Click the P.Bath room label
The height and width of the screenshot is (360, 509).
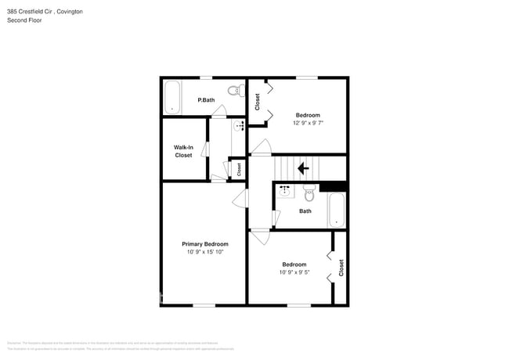207,100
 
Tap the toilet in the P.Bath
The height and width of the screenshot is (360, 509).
233,92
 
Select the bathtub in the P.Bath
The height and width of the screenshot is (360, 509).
172,99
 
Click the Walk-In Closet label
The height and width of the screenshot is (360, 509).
183,151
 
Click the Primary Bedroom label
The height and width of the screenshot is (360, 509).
205,244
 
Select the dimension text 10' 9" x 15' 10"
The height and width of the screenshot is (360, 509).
205,252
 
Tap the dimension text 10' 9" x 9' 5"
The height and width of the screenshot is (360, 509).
294,272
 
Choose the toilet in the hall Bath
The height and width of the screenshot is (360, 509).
309,193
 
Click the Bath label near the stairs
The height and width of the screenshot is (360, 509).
305,211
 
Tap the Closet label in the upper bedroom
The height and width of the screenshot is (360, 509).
257,102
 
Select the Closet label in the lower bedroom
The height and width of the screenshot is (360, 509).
341,268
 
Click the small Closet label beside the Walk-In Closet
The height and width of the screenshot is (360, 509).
239,168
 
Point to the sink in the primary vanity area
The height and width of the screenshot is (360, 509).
239,125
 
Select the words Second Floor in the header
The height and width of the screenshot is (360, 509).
24,20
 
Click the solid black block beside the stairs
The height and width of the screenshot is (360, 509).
333,185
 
